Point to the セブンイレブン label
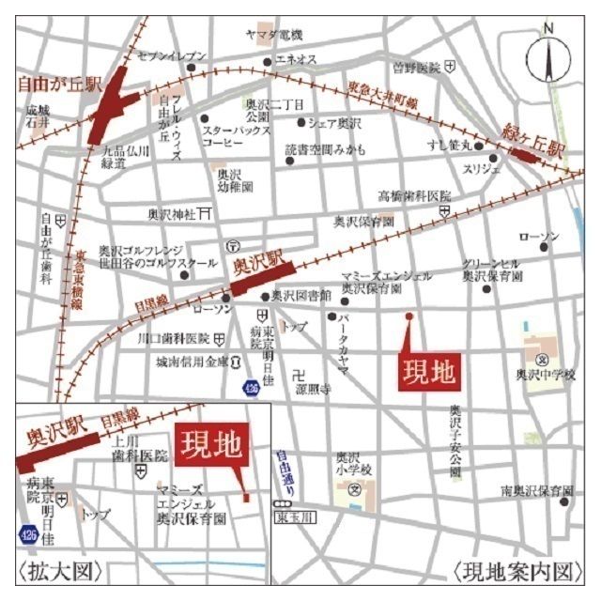[x=172, y=56]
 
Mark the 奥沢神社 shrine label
[x=170, y=214]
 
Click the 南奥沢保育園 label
[x=536, y=491]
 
